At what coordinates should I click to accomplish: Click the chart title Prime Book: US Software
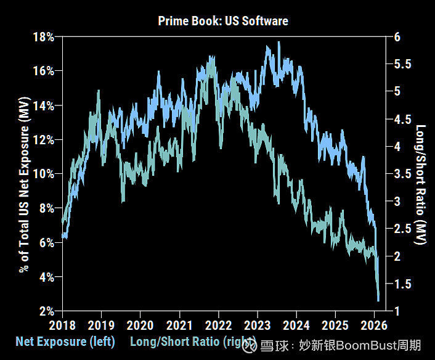[x=223, y=21]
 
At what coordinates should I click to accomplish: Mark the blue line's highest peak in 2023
[x=279, y=42]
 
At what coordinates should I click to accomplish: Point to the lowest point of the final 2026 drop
[x=378, y=300]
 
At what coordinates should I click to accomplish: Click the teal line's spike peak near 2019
[x=99, y=91]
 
